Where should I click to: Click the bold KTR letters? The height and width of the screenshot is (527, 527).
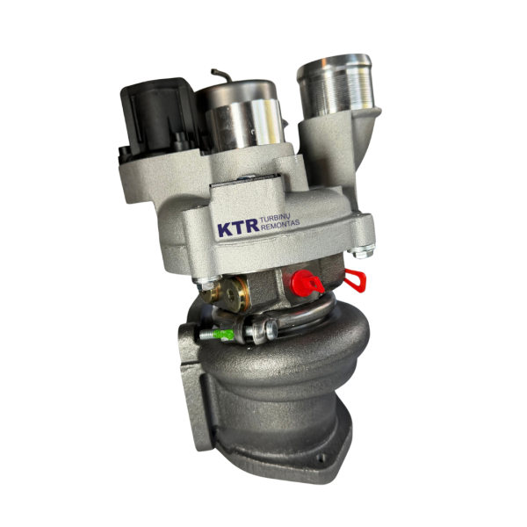(x=238, y=228)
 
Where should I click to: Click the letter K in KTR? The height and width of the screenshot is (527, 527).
(x=225, y=229)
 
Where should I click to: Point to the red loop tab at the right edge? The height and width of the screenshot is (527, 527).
(x=356, y=280)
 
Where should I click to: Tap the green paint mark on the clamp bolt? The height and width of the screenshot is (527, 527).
(x=223, y=334)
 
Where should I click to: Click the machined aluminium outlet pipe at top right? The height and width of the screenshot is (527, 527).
(x=336, y=86)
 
